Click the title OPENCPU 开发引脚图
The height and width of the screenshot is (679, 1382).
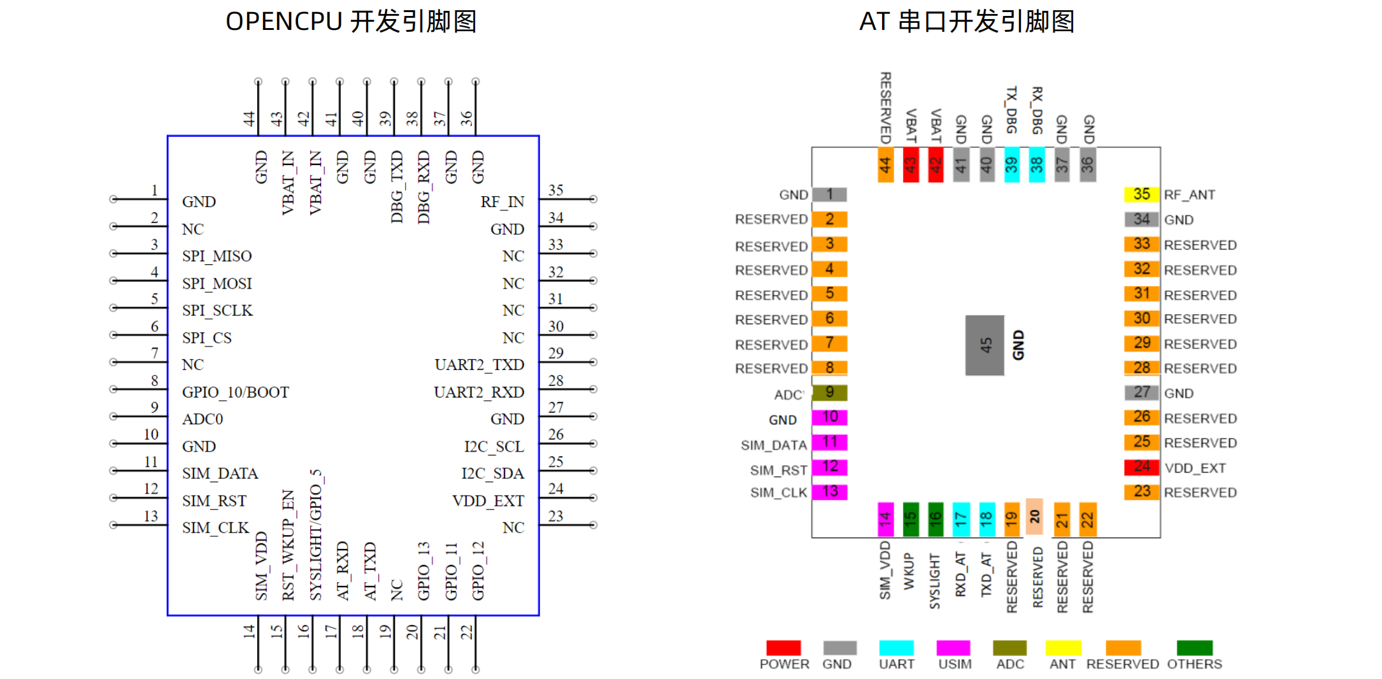351,22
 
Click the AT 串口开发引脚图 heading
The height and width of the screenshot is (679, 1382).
967,22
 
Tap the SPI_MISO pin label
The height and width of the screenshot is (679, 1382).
217,256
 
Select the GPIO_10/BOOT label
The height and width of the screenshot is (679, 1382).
235,392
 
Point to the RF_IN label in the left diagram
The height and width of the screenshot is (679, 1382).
502,202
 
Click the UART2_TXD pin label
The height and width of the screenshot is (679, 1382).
479,365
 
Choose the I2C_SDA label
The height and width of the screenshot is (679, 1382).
492,474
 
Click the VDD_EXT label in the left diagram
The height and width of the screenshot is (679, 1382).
488,501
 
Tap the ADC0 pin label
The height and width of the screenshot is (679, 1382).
203,419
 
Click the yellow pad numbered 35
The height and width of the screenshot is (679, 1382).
1141,194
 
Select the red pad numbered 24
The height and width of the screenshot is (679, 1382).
1141,467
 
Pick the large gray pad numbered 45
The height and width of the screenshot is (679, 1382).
985,345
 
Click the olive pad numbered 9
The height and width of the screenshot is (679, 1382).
829,392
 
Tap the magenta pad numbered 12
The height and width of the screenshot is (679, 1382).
829,467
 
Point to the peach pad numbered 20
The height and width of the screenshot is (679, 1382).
1034,517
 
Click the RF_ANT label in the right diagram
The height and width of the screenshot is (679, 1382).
1189,195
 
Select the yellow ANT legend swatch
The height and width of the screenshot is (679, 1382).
1063,648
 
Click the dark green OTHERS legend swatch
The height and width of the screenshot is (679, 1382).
1194,648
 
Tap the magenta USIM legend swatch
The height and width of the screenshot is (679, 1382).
953,648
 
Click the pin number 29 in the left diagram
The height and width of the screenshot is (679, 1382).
555,354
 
